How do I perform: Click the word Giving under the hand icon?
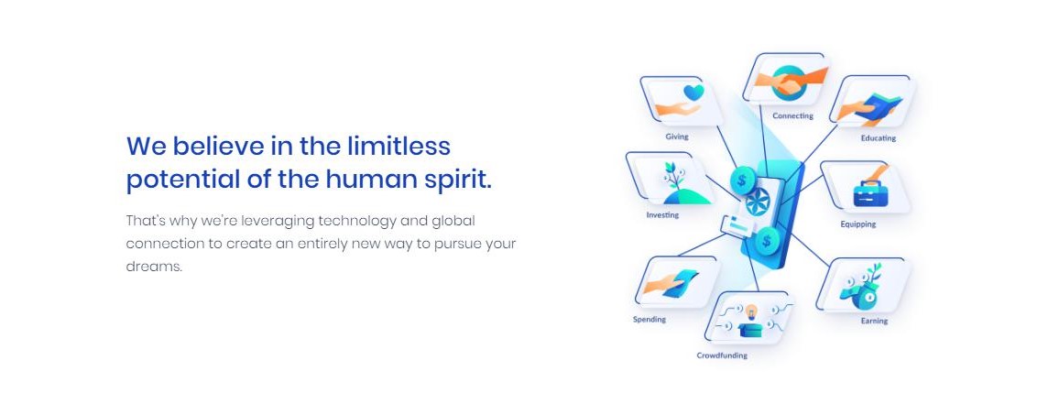point(676,137)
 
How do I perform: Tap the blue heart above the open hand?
point(693,92)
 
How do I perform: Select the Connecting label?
point(792,115)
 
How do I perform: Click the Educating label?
point(879,138)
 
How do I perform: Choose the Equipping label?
point(858,224)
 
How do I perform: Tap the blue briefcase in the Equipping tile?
point(868,194)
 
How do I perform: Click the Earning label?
point(874,321)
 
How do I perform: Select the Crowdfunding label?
point(722,355)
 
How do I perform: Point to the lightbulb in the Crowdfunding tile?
point(750,311)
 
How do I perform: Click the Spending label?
point(650,320)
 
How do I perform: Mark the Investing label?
point(662,215)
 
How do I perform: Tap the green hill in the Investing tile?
point(686,196)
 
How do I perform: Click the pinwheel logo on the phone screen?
point(758,202)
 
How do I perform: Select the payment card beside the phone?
point(737,228)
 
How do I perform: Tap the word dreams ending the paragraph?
point(154,266)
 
